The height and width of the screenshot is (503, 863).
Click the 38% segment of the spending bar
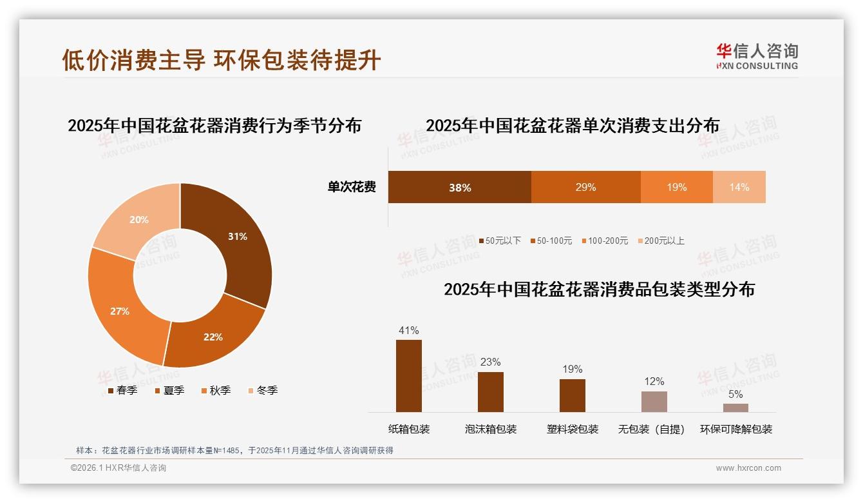(459, 187)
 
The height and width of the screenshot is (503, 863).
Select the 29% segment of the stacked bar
(585, 187)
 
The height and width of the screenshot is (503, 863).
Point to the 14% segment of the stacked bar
(739, 187)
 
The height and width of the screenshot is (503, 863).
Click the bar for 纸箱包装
(408, 375)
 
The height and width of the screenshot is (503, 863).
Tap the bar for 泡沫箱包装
(490, 391)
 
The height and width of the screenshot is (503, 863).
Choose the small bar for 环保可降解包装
(735, 408)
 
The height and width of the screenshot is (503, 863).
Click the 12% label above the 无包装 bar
(654, 382)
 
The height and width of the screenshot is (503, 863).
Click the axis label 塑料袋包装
(573, 429)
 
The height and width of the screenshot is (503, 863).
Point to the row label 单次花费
(352, 187)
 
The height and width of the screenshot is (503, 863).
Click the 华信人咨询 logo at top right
(757, 56)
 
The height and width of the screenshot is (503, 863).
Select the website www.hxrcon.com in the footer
(748, 468)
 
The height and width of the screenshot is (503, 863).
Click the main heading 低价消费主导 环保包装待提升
(222, 59)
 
